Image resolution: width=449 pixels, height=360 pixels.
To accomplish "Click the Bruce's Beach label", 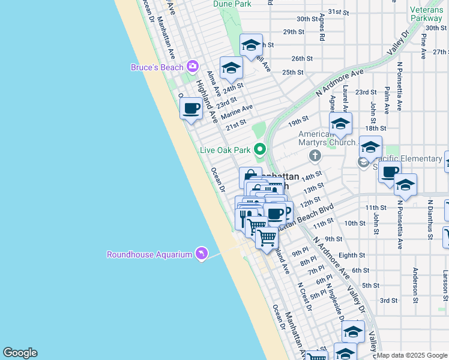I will pos(157,67).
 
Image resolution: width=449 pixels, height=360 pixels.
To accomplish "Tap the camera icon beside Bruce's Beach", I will pos(193,65).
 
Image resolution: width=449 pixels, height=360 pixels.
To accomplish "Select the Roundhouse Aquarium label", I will pos(149,254).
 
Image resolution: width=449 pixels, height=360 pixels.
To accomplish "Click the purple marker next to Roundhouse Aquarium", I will pos(202,254).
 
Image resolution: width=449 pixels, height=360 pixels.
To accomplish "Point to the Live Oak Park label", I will pos(226,149).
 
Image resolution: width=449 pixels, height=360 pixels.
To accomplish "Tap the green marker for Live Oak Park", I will pos(260,149).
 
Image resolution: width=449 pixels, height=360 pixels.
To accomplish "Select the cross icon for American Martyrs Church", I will pos(315,157).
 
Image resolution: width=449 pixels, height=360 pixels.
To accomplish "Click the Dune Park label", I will pos(232,4).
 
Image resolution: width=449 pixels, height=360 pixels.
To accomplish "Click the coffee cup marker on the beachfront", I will pos(191,109).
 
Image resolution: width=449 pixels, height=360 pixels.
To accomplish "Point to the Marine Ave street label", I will pos(237,112).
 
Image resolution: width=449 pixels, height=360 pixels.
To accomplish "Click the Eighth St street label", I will pos(352,255).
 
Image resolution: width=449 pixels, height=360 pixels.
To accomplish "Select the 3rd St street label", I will pos(388,300).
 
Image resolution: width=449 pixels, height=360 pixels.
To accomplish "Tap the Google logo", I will pos(20,353).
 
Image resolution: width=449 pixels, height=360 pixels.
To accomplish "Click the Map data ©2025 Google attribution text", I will pos(412,355).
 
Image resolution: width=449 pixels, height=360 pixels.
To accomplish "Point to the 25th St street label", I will pos(293,72).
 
